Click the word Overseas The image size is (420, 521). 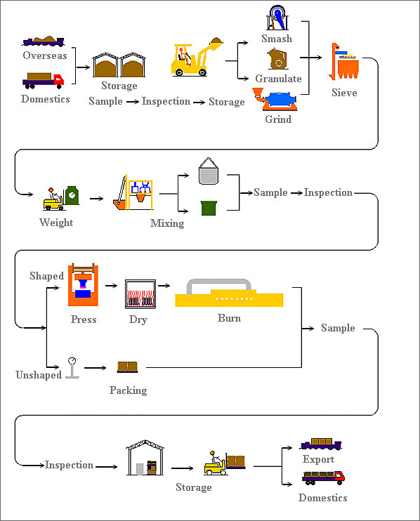click(45, 55)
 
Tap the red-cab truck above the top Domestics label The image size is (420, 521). click(44, 81)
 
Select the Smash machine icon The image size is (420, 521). click(277, 18)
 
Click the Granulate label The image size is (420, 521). click(278, 79)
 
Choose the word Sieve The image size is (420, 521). click(344, 93)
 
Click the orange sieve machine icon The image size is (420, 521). click(344, 62)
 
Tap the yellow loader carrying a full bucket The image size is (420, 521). click(197, 57)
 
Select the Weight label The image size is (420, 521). click(56, 223)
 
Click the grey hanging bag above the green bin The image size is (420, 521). click(209, 171)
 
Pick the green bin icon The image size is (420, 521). click(209, 208)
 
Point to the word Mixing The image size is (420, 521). click(167, 223)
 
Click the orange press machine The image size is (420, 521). click(83, 285)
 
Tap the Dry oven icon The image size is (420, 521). click(140, 294)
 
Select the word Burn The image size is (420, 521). click(229, 318)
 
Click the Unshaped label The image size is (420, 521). click(39, 375)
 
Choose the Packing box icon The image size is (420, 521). click(127, 367)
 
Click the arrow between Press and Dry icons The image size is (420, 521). click(111, 285)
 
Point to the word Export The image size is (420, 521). click(318, 459)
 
